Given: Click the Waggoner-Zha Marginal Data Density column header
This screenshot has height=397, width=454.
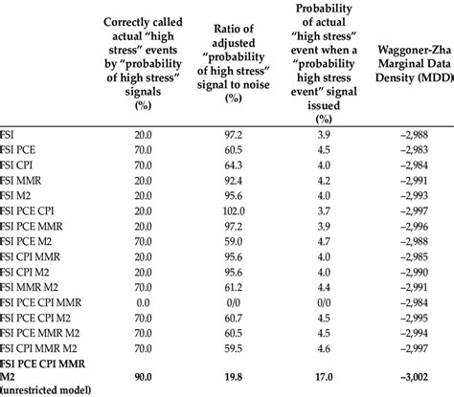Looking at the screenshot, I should (x=406, y=63).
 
